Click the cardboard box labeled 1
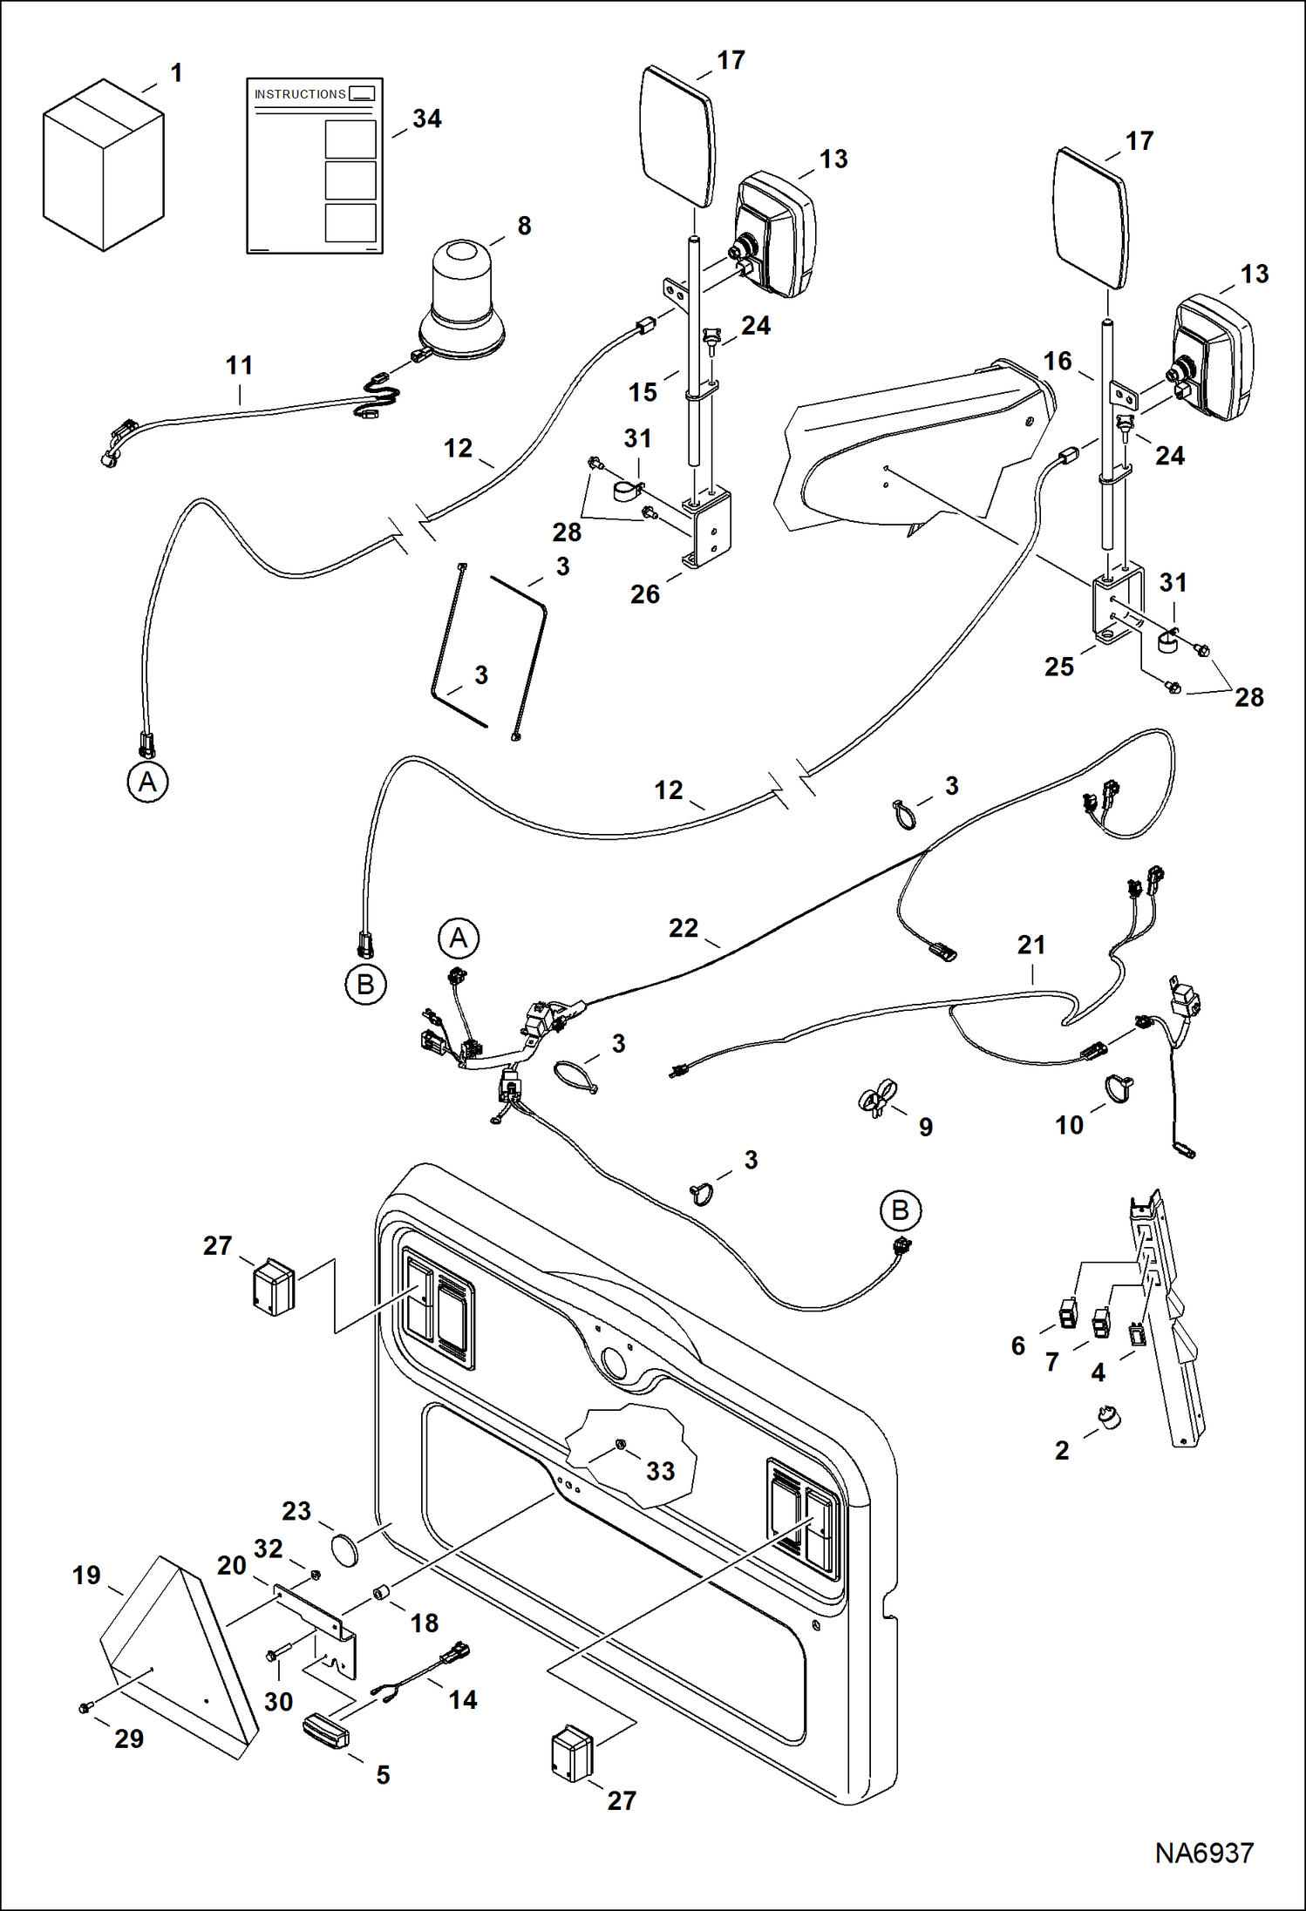point(103,166)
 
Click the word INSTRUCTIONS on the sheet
point(300,94)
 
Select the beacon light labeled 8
point(460,301)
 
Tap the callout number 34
point(426,119)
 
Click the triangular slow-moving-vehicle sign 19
point(174,1656)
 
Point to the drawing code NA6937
point(1203,1853)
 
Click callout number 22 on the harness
point(684,928)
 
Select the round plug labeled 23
point(344,1552)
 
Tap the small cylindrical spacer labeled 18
point(381,1593)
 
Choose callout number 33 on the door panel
point(660,1471)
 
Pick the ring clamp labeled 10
point(1119,1088)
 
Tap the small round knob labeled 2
point(1109,1418)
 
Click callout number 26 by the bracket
point(644,594)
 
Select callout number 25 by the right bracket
point(1058,667)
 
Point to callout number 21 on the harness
point(1031,945)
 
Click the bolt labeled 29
point(85,1709)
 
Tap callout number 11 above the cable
point(239,365)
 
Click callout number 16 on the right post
point(1057,361)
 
